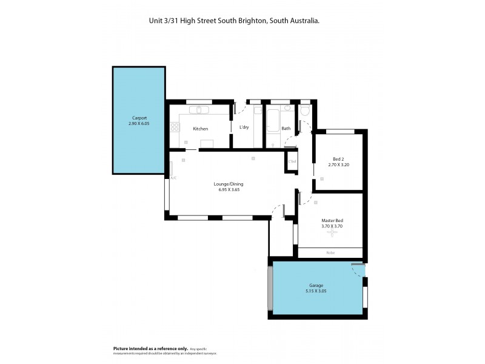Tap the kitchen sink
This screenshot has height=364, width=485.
pyautogui.click(x=199, y=110)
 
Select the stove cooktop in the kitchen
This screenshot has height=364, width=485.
pyautogui.click(x=175, y=127)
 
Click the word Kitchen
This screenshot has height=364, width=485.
pyautogui.click(x=201, y=129)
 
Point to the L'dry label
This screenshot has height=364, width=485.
pyautogui.click(x=244, y=127)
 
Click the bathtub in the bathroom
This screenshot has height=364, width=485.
pyautogui.click(x=272, y=121)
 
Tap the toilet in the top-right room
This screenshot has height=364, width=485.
pyautogui.click(x=305, y=111)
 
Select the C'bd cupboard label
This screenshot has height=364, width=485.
pyautogui.click(x=292, y=161)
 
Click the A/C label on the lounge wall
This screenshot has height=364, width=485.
pyautogui.click(x=173, y=178)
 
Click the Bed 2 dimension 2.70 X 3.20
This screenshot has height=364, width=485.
pyautogui.click(x=338, y=164)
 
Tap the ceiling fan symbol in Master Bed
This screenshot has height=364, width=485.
pyautogui.click(x=332, y=232)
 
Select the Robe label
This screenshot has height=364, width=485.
pyautogui.click(x=330, y=252)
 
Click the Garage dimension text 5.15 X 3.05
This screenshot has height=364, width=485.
pyautogui.click(x=315, y=291)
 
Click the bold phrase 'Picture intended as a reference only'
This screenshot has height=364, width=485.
pyautogui.click(x=150, y=348)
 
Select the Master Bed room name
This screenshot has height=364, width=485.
pyautogui.click(x=332, y=220)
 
